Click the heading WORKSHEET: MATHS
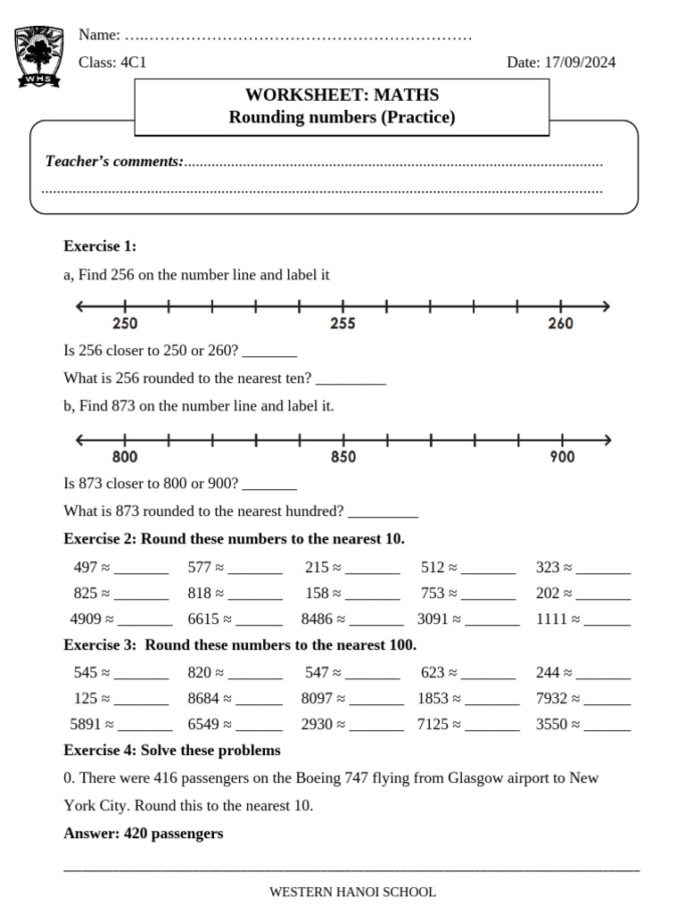click(342, 95)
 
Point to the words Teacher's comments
click(114, 162)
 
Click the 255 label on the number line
click(343, 324)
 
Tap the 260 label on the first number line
click(560, 324)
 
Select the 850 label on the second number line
click(343, 457)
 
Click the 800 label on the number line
click(125, 457)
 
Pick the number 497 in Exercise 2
click(86, 567)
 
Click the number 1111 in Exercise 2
click(551, 619)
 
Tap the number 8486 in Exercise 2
click(317, 619)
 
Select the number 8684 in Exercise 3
click(202, 698)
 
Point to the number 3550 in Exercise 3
click(551, 724)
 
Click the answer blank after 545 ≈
click(141, 673)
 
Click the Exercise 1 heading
click(100, 245)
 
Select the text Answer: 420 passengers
click(144, 834)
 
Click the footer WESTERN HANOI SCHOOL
click(352, 892)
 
